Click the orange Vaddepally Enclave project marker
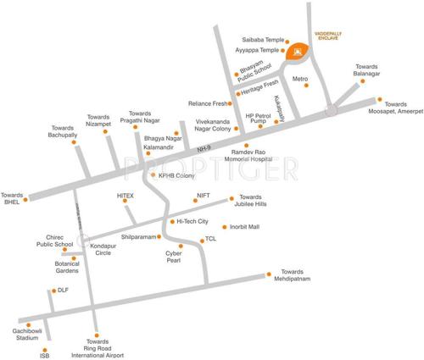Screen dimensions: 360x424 pyautogui.click(x=298, y=53)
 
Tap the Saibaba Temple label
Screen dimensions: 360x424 pyautogui.click(x=264, y=41)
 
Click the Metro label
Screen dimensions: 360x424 pyautogui.click(x=299, y=80)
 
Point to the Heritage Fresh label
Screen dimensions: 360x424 pyautogui.click(x=260, y=86)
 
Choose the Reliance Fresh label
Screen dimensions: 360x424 pyautogui.click(x=207, y=103)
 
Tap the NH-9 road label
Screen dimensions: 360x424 pyautogui.click(x=203, y=148)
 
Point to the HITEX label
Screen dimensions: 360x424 pyautogui.click(x=126, y=195)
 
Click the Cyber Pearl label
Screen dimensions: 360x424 pyautogui.click(x=173, y=258)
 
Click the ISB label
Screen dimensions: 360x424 pyautogui.click(x=45, y=356)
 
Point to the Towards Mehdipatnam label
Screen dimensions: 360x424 pyautogui.click(x=290, y=274)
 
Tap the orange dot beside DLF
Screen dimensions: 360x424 pyautogui.click(x=53, y=291)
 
